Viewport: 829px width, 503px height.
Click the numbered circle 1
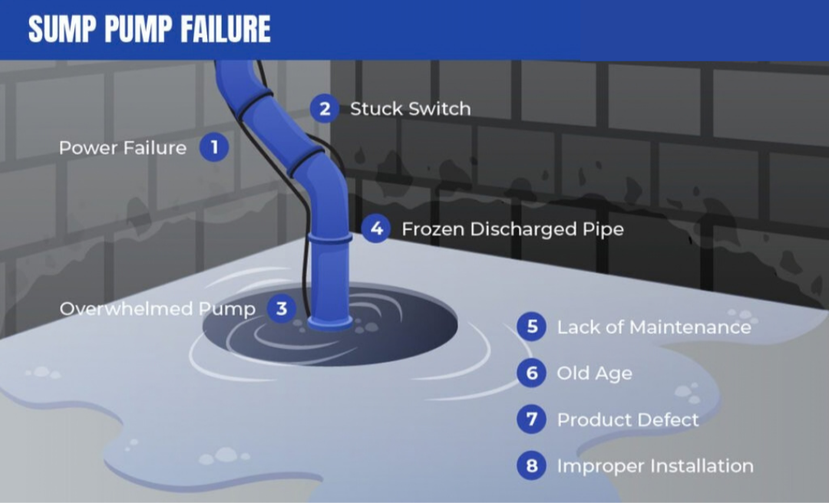pyautogui.click(x=214, y=147)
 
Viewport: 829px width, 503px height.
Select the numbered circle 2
pyautogui.click(x=325, y=108)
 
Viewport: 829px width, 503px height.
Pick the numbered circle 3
pyautogui.click(x=281, y=308)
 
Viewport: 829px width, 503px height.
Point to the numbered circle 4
pyautogui.click(x=376, y=228)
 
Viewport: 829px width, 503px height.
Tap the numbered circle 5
pyautogui.click(x=532, y=327)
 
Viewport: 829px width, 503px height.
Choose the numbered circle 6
pyautogui.click(x=532, y=373)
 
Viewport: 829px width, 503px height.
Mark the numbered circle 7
pyautogui.click(x=532, y=419)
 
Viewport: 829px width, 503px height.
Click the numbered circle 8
pyautogui.click(x=532, y=465)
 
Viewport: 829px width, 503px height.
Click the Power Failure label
pyautogui.click(x=123, y=148)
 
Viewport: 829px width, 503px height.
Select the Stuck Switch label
pyautogui.click(x=410, y=109)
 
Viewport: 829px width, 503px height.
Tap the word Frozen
pyautogui.click(x=433, y=228)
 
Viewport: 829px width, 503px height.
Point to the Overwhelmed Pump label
pyautogui.click(x=157, y=308)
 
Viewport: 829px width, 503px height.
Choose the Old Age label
pyautogui.click(x=594, y=373)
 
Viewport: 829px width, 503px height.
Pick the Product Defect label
pyautogui.click(x=628, y=419)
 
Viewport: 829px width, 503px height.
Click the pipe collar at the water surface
pyautogui.click(x=330, y=322)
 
